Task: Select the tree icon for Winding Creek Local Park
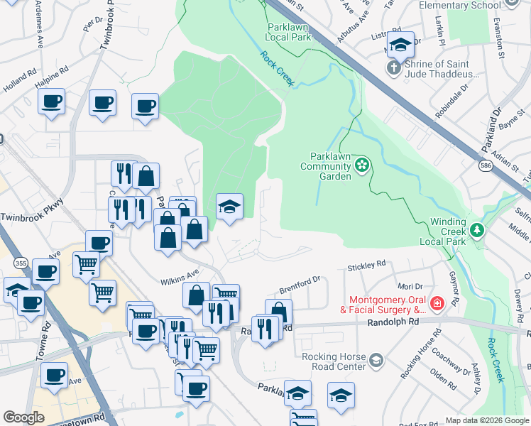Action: (478, 230)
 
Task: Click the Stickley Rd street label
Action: (366, 266)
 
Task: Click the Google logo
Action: (23, 417)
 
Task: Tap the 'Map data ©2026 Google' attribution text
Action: (486, 420)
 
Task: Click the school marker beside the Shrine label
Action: (400, 46)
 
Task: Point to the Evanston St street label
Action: (499, 43)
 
